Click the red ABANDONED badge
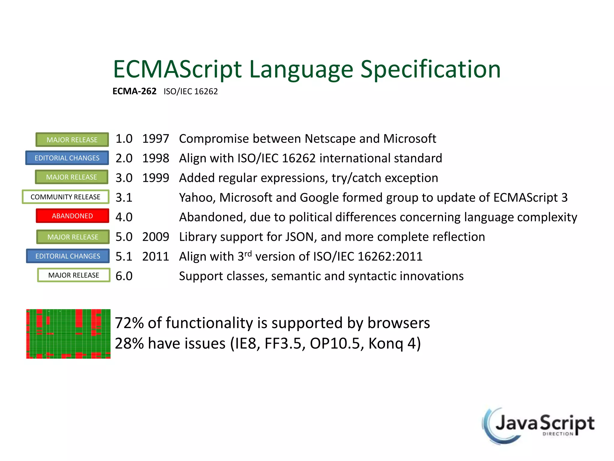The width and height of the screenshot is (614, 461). [x=72, y=216]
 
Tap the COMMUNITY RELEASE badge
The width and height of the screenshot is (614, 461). [x=65, y=197]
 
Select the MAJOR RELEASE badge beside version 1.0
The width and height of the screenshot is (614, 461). [x=72, y=140]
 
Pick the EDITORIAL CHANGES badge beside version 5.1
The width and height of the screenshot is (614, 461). [x=68, y=256]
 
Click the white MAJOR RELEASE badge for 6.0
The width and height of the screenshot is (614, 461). [x=74, y=275]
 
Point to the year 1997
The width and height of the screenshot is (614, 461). [x=156, y=139]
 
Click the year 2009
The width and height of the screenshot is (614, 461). [x=156, y=237]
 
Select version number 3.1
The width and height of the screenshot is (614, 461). [x=124, y=197]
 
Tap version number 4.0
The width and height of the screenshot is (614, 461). [x=124, y=217]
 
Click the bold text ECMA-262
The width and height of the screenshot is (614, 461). [x=134, y=91]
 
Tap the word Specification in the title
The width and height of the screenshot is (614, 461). [x=430, y=69]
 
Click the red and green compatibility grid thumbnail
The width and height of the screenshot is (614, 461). [x=68, y=334]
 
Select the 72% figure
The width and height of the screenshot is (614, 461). [x=129, y=323]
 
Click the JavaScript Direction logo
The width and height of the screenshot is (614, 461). [x=538, y=426]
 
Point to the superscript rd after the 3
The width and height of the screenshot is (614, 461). [x=248, y=254]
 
